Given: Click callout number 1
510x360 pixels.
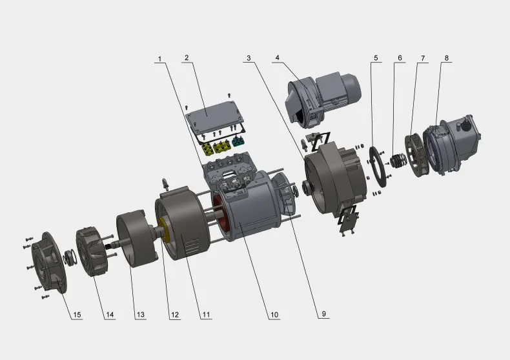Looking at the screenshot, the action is pyautogui.click(x=159, y=59).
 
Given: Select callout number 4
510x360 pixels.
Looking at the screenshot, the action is pyautogui.click(x=278, y=57).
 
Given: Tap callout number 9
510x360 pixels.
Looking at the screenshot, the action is pyautogui.click(x=323, y=314).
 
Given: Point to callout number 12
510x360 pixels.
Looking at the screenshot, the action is pyautogui.click(x=175, y=314).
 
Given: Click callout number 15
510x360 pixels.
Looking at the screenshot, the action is pyautogui.click(x=77, y=314).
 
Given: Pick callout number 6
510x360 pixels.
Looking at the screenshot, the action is pyautogui.click(x=400, y=58).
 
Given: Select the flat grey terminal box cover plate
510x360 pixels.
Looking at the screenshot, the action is pyautogui.click(x=216, y=117).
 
